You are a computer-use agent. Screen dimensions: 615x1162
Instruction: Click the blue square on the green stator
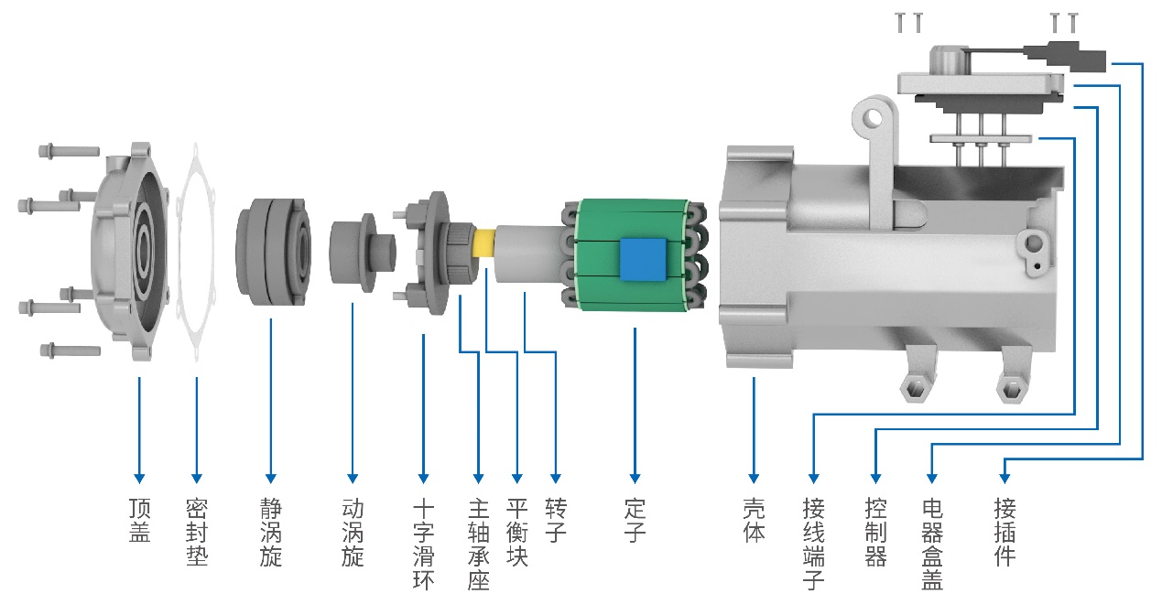pyautogui.click(x=640, y=258)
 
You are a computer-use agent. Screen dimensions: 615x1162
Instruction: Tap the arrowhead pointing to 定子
pyautogui.click(x=635, y=479)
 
